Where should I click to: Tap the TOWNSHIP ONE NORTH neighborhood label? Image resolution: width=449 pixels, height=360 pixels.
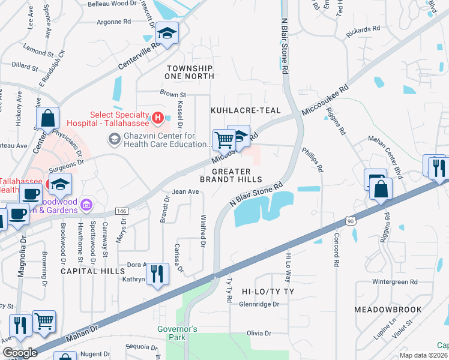point(190,73)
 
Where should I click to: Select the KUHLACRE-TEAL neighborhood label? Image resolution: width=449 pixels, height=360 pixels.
point(238,111)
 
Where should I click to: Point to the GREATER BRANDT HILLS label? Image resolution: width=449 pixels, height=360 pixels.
point(231,175)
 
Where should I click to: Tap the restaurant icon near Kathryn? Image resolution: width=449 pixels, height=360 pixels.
point(157,275)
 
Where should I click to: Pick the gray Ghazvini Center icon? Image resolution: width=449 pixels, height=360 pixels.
point(113,140)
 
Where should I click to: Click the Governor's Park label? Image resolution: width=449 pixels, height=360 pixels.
point(177,333)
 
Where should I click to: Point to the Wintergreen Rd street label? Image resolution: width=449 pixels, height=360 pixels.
point(394,281)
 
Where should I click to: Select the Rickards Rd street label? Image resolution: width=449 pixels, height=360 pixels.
point(364,28)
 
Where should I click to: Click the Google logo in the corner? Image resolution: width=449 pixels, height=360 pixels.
point(19,353)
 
